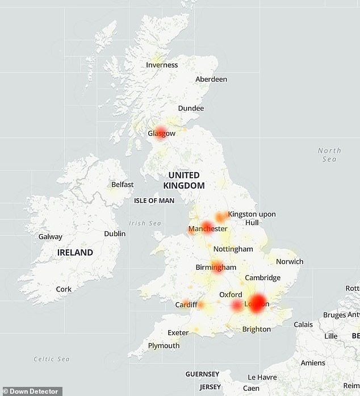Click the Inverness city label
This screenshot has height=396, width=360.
click(x=162, y=65)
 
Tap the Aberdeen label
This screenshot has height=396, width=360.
click(x=211, y=80)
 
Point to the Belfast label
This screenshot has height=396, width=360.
click(x=122, y=185)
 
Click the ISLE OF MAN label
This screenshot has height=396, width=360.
click(x=154, y=201)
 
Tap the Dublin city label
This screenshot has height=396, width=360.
click(x=115, y=234)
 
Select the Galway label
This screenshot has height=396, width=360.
click(x=51, y=236)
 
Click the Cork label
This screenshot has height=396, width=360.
click(x=64, y=289)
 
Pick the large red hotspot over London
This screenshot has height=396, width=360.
click(x=258, y=302)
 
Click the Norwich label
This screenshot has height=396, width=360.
click(x=290, y=262)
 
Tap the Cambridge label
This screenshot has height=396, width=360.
click(x=263, y=278)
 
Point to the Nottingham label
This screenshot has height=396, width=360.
click(x=233, y=249)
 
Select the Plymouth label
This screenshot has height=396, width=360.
click(x=164, y=345)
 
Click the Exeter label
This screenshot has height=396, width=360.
click(x=178, y=332)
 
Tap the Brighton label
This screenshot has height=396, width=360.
click(x=257, y=329)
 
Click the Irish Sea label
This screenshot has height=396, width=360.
click(x=145, y=223)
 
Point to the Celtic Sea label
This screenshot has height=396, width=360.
click(x=52, y=359)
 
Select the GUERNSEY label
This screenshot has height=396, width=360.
click(x=202, y=374)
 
